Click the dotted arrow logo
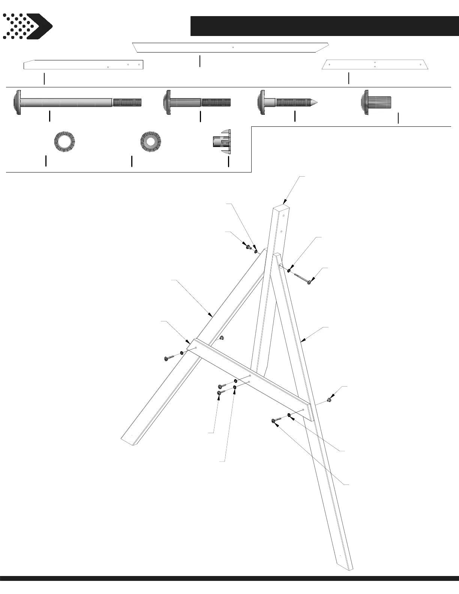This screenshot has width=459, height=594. pyautogui.click(x=27, y=26)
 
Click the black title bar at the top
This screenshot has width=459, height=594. pyautogui.click(x=324, y=26)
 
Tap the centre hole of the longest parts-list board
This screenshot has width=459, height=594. pyautogui.click(x=233, y=47)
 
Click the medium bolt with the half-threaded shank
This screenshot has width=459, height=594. pyautogui.click(x=197, y=102)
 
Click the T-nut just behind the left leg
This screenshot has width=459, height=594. pyautogui.click(x=222, y=338)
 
